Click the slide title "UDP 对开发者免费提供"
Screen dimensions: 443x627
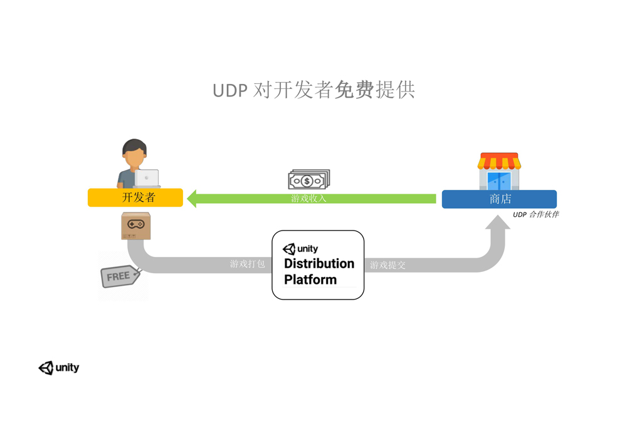(x=313, y=90)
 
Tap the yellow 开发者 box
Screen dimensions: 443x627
(x=135, y=198)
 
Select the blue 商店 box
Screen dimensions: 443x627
(x=499, y=199)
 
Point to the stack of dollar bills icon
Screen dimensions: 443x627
(x=308, y=180)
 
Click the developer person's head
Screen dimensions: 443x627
(x=134, y=153)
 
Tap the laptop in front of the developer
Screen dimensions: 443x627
(x=147, y=179)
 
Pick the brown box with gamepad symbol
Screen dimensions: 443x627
(x=136, y=226)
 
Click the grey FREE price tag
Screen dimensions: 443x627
(x=119, y=276)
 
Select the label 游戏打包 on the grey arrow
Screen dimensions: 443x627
(x=248, y=264)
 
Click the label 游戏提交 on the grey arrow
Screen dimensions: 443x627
(x=387, y=265)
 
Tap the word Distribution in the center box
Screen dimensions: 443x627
(x=319, y=264)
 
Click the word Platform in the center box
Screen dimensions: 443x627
(x=310, y=279)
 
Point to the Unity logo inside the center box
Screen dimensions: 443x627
(x=300, y=249)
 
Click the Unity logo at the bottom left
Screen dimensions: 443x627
(x=59, y=368)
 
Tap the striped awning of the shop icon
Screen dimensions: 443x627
(x=499, y=162)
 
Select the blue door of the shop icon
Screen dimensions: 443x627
(x=499, y=181)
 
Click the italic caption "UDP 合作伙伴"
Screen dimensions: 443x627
(x=535, y=214)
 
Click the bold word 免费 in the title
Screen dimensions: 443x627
(x=354, y=90)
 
